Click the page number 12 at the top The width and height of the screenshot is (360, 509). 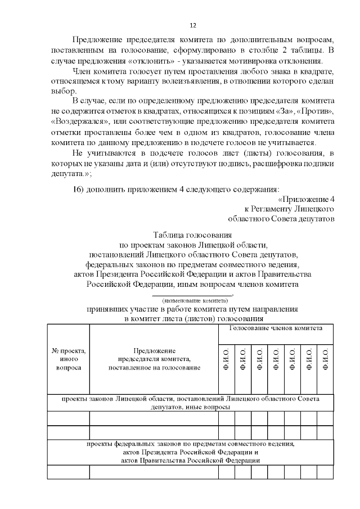[x=192, y=26]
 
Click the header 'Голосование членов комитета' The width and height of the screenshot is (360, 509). [x=276, y=328]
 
